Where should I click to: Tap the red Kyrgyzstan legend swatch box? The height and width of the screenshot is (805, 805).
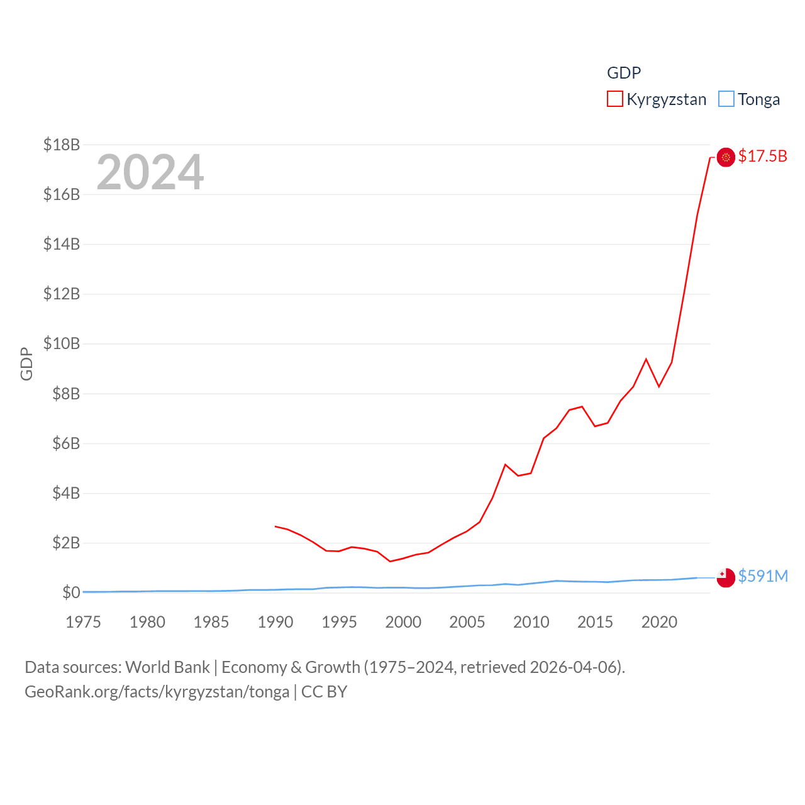(x=614, y=99)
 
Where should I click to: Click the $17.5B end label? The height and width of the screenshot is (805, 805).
(x=762, y=156)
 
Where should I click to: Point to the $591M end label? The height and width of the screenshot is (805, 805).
(x=763, y=576)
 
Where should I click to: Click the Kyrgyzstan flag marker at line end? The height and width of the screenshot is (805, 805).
(x=726, y=157)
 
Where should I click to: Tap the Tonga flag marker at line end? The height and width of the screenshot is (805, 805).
(x=726, y=577)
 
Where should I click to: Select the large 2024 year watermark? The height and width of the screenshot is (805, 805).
(x=150, y=172)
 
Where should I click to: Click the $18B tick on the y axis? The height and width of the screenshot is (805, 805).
(x=62, y=145)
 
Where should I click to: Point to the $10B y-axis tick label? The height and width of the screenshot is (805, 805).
(x=62, y=343)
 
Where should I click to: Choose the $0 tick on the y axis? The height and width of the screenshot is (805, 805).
(x=71, y=592)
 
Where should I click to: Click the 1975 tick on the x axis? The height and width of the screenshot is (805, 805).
(x=83, y=622)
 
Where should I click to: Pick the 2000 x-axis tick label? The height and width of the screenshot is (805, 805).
(x=403, y=622)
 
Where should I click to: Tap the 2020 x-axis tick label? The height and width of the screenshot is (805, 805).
(x=659, y=622)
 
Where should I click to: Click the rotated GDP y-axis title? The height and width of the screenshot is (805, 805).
(x=26, y=364)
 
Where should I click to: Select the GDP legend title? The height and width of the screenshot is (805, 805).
(x=623, y=73)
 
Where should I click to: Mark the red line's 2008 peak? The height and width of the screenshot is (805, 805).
(x=506, y=464)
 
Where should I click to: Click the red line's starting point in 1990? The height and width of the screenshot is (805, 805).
(x=275, y=526)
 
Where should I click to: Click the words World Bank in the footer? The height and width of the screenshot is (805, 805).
(x=167, y=667)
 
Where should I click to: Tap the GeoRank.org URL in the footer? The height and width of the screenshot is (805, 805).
(x=157, y=692)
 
